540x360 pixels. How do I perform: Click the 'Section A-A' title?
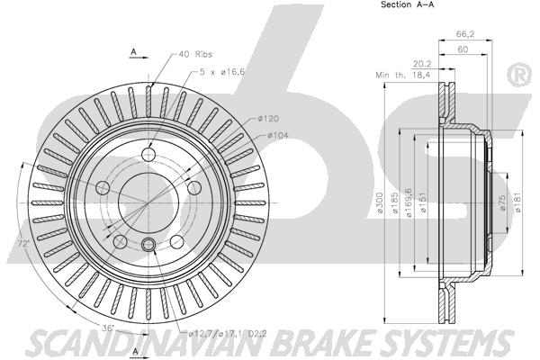(x=407, y=4)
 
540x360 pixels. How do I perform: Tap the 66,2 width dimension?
(x=465, y=34)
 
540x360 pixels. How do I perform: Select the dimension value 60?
(x=463, y=49)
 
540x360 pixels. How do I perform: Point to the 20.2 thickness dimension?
(x=422, y=64)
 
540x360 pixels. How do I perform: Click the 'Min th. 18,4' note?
(x=403, y=75)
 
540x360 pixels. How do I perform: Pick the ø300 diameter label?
(x=379, y=202)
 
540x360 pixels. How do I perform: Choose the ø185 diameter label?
(x=395, y=202)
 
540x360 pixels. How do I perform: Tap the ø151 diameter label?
(x=423, y=202)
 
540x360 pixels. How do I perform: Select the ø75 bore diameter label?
(x=502, y=202)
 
